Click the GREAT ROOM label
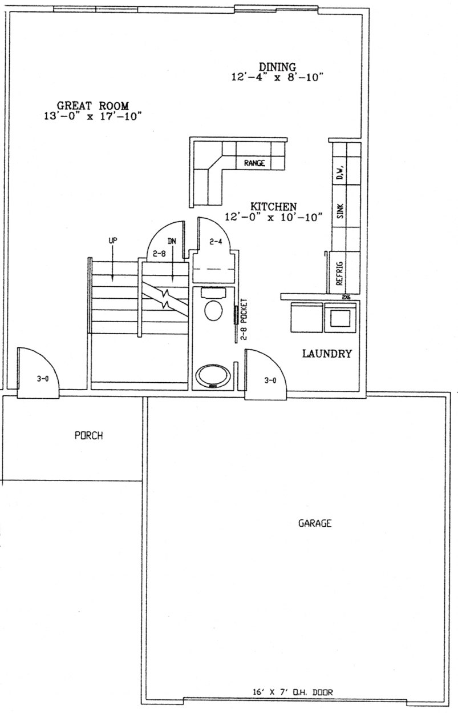click(92, 106)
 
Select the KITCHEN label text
click(274, 206)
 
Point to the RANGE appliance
click(254, 163)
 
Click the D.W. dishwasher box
click(340, 171)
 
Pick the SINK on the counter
click(341, 213)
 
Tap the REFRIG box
click(339, 273)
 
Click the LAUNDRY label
click(326, 354)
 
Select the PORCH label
click(88, 435)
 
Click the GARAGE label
click(315, 523)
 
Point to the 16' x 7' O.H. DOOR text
click(292, 692)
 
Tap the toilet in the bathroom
click(213, 309)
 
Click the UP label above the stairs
click(112, 241)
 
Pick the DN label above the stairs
click(172, 241)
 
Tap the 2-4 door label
click(215, 242)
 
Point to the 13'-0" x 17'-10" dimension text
click(88, 116)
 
